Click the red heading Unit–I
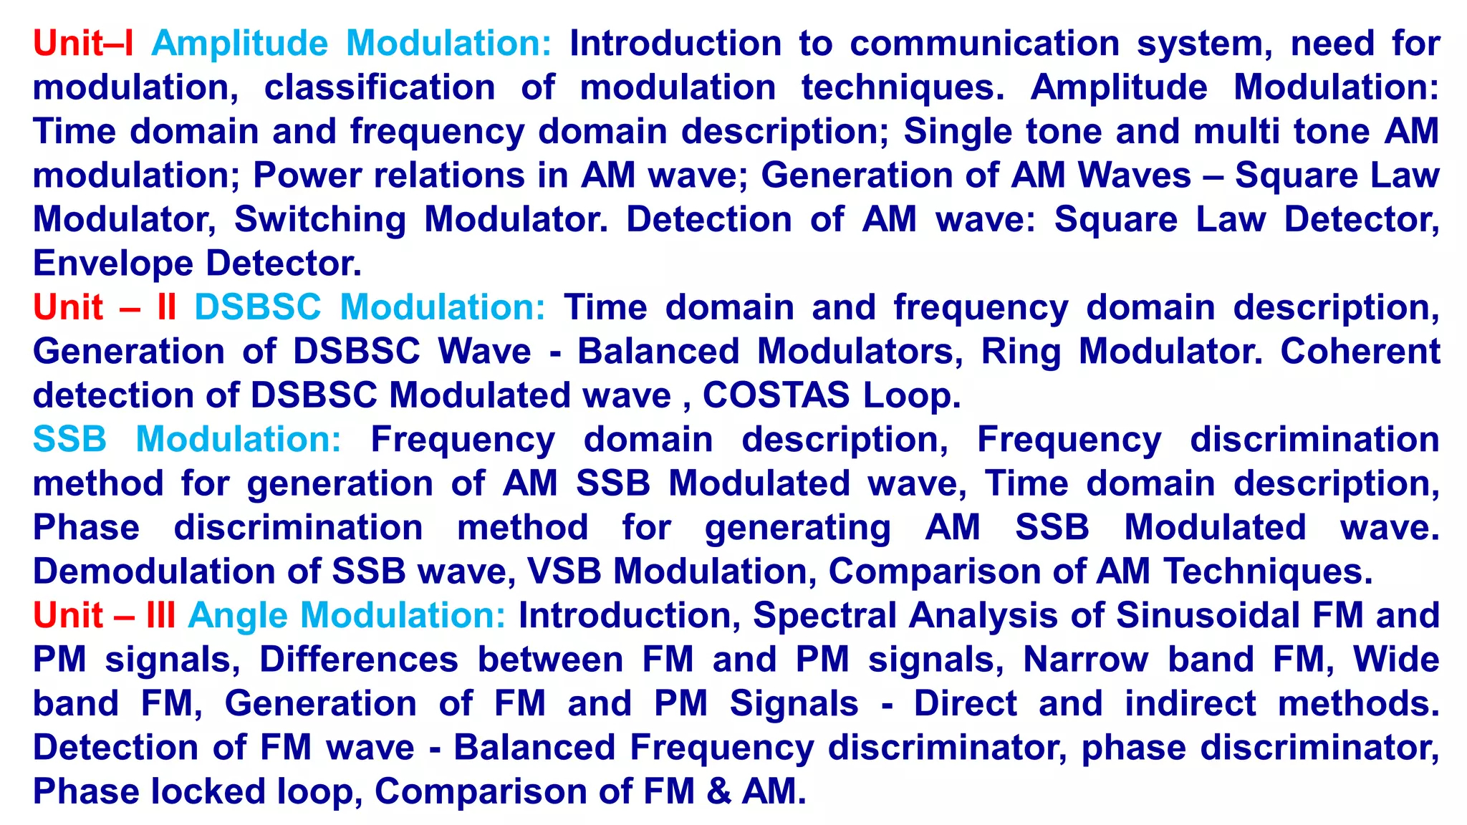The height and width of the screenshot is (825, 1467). tap(83, 44)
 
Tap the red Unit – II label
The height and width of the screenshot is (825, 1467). tap(105, 308)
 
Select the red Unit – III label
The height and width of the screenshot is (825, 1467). tap(105, 616)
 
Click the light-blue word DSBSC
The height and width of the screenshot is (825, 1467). tap(258, 308)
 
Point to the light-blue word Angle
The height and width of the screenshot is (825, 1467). tap(239, 616)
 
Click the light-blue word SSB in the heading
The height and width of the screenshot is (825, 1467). tap(69, 440)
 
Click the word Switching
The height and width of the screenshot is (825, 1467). tap(320, 220)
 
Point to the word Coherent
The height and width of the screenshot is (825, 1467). tap(1360, 352)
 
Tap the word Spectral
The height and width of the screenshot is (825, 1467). tap(824, 616)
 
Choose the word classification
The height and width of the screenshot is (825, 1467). tap(380, 88)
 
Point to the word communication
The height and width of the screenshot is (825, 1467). tap(985, 44)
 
